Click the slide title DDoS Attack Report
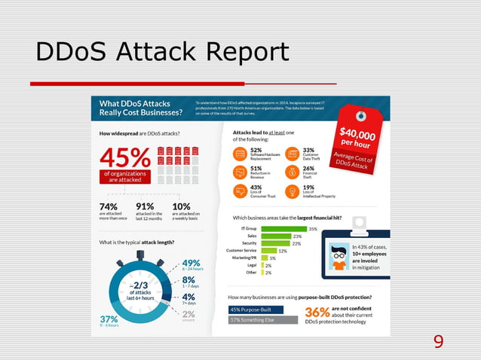(162, 53)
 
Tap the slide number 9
(438, 343)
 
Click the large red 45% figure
(125, 157)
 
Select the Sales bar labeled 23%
(276, 236)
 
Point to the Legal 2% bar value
(268, 265)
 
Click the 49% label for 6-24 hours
(191, 264)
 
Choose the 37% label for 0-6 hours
(109, 319)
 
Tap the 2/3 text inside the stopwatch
(139, 285)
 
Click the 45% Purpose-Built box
(256, 310)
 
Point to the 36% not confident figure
(317, 313)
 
